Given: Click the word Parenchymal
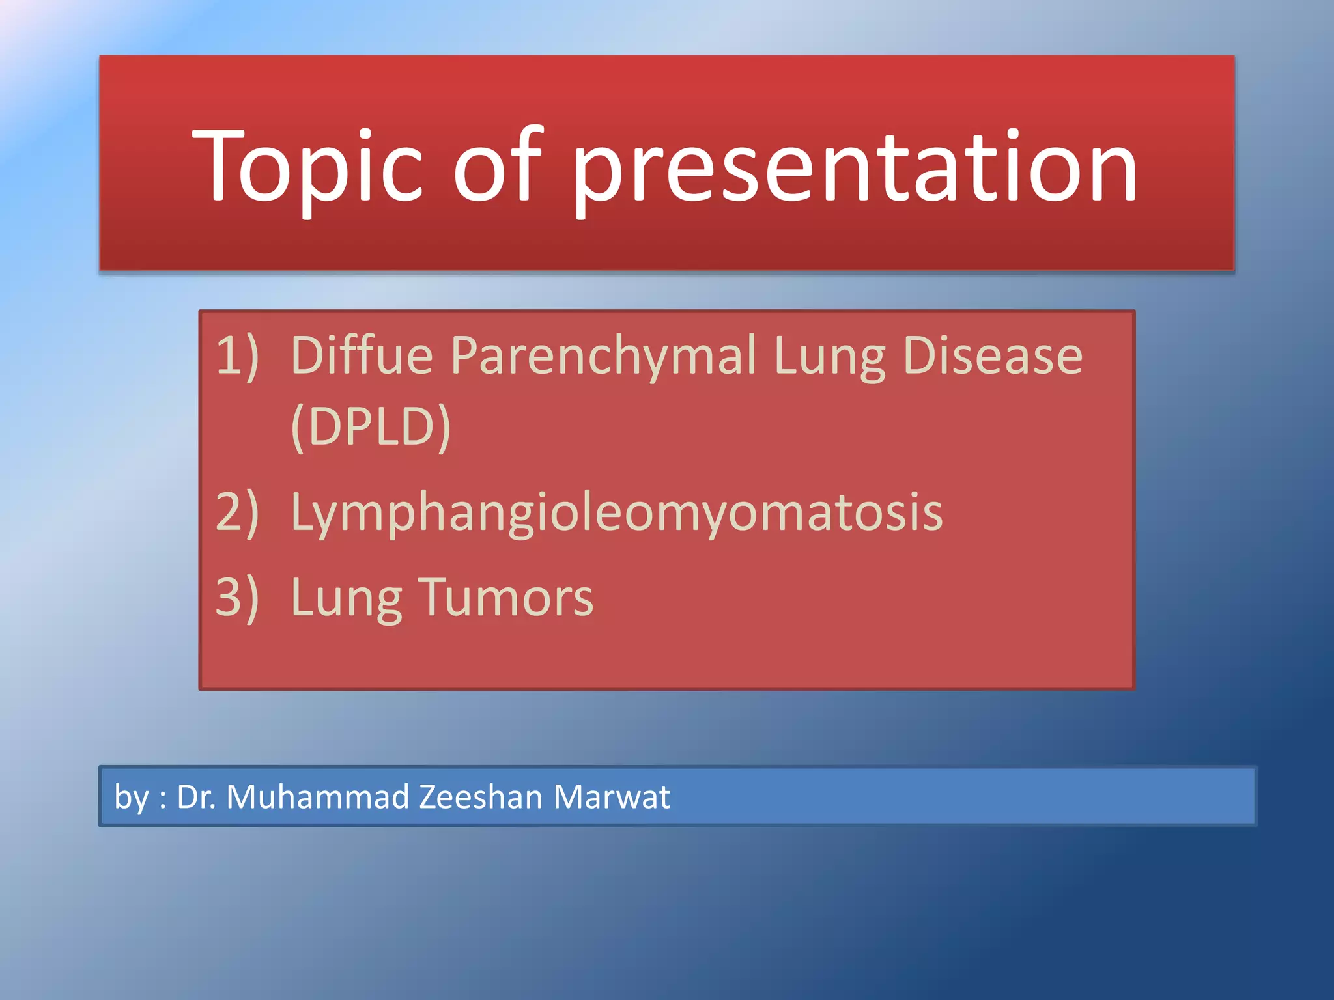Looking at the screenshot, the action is pos(603,357).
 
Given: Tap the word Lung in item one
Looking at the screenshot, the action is pos(830,357).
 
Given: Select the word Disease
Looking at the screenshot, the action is pos(993,355).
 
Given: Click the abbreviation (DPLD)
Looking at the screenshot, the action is pos(371,427).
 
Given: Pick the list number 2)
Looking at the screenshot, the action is pos(237,511).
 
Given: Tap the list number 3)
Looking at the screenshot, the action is pos(237,597).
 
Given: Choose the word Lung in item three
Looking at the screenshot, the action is pos(347,600).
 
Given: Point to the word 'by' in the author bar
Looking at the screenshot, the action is pos(132,798).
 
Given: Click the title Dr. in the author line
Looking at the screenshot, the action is pos(196,796).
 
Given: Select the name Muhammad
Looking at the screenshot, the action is pos(318,796).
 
